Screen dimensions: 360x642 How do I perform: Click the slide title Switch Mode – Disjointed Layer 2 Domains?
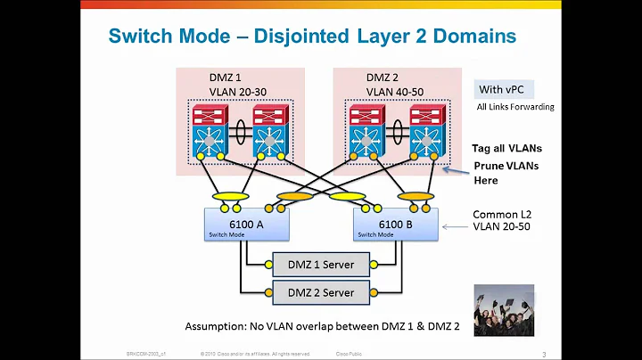(311, 36)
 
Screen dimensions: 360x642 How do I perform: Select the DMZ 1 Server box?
(319, 264)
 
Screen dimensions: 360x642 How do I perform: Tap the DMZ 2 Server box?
(319, 292)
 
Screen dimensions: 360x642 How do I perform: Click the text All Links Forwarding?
(514, 107)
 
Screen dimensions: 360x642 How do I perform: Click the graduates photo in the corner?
(504, 310)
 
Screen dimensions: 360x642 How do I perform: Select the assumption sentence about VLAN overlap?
(322, 326)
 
